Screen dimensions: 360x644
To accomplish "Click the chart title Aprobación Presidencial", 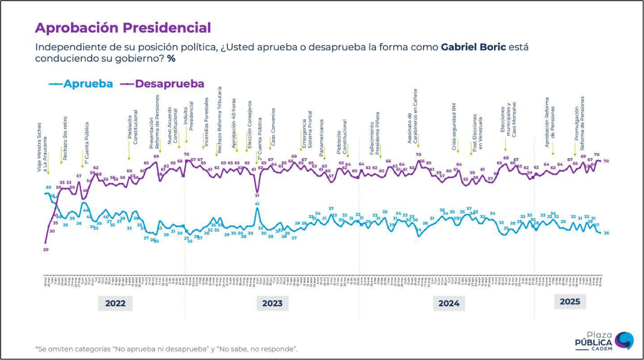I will pos(123,28).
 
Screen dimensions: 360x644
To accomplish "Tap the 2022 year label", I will pos(115,303).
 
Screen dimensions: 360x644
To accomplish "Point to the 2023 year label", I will pos(272,303).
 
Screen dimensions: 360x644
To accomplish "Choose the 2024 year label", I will pos(449,303).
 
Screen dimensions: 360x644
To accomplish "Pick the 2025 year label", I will pos(569,302).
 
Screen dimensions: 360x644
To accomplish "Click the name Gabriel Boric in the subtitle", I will pos(473,47).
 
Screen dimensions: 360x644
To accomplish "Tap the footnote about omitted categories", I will pos(166,349).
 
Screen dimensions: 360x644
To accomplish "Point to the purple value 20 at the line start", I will pos(45,250).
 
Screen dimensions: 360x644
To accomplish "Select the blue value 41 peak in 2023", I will pos(257,204).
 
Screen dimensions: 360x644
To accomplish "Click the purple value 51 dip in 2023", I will pos(257,195).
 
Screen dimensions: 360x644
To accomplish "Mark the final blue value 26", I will pos(607,233).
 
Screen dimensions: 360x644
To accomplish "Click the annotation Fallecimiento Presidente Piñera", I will pos(375,138).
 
